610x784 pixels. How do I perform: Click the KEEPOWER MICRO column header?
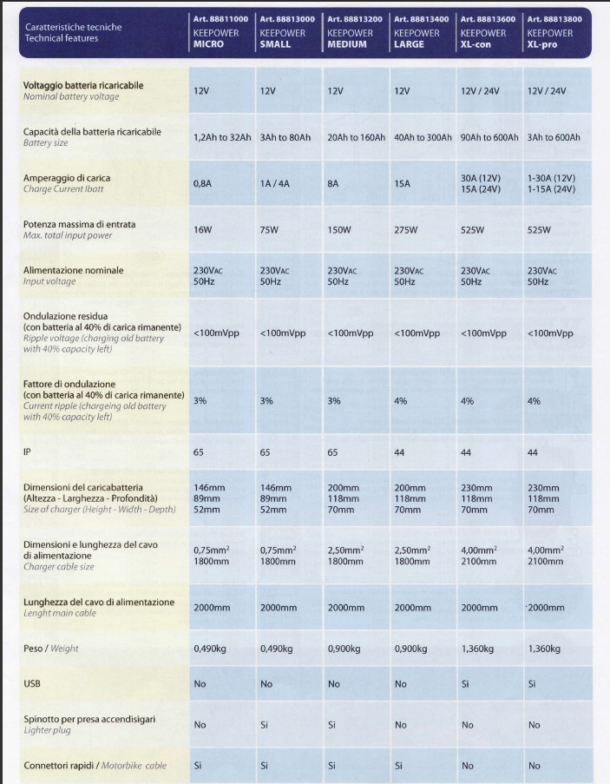220,31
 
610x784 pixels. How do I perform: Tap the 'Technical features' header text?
62,38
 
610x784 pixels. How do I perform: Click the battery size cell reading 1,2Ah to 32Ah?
222,137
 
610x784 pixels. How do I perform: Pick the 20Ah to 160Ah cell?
357,137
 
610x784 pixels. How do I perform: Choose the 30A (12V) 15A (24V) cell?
481,183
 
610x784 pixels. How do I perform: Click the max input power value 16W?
202,230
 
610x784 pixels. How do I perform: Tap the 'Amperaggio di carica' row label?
67,178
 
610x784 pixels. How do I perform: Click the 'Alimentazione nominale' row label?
74,270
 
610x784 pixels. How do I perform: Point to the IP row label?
27,452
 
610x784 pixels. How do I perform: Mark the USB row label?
32,683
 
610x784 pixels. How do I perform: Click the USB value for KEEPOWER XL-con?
465,684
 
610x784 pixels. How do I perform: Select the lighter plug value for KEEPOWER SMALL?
265,725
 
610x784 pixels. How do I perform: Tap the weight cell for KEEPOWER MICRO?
210,649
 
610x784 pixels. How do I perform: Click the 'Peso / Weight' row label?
51,649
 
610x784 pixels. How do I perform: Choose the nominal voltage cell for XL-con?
480,91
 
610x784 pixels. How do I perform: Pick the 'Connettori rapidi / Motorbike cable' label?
95,766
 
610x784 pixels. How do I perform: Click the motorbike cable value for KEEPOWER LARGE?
398,766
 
